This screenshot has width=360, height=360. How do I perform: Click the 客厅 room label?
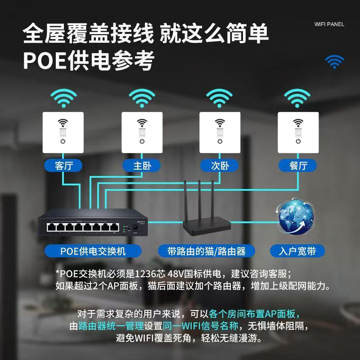point(63,166)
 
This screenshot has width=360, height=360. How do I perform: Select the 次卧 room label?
point(220,166)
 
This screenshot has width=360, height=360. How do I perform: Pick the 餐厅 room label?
point(298,166)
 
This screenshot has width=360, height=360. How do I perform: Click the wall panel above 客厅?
point(63,131)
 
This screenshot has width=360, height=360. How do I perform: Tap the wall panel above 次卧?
point(220,131)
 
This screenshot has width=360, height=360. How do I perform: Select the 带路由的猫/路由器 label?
point(207,251)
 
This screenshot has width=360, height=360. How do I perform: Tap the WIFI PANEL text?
point(329,24)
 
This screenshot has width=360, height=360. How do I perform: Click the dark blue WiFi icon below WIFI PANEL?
point(334,62)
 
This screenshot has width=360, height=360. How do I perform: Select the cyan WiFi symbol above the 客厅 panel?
point(63,99)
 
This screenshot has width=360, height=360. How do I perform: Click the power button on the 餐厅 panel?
point(298,142)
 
